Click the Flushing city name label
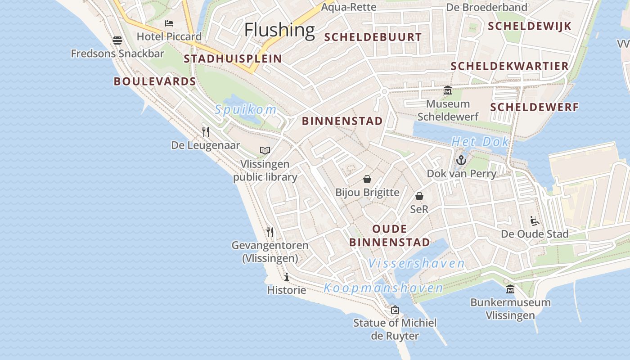(279, 30)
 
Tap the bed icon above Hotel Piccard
(169, 23)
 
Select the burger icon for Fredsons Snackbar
(117, 40)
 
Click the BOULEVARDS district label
(155, 81)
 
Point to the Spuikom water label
(245, 109)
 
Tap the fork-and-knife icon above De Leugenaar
(206, 132)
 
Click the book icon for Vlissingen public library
(265, 150)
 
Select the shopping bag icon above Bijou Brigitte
(367, 179)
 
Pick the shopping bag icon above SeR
(419, 196)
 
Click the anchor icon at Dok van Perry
(461, 160)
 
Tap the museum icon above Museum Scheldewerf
(448, 90)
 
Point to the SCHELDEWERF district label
(534, 107)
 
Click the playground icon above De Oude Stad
(535, 220)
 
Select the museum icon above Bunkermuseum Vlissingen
(510, 289)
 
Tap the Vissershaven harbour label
(416, 263)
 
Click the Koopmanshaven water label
(383, 288)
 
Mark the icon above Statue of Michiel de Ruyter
(395, 310)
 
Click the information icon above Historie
(287, 277)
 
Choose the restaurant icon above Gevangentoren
(270, 232)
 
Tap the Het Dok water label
(480, 142)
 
